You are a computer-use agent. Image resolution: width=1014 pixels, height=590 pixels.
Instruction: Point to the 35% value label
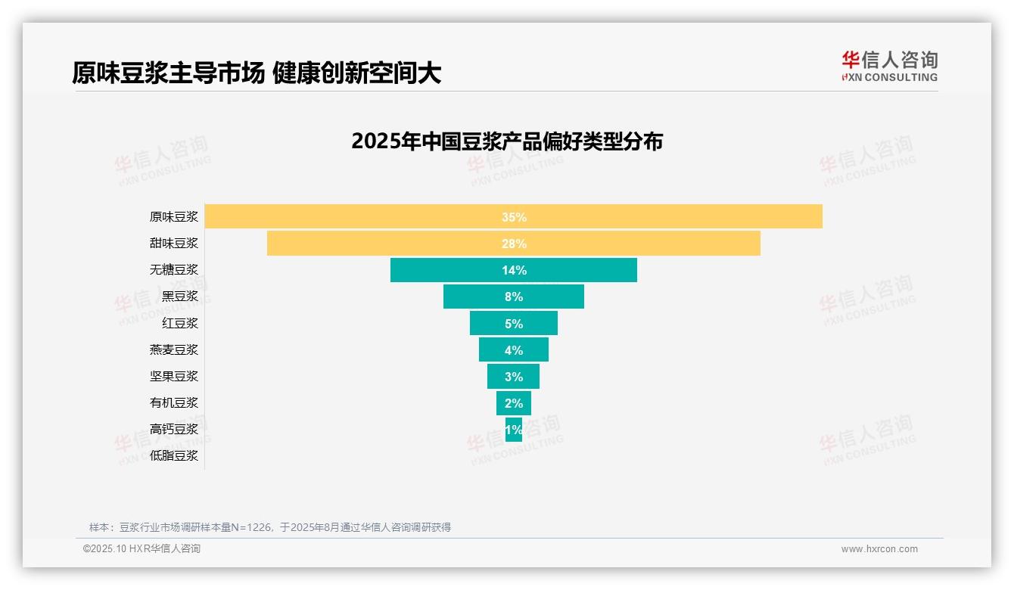[514, 217]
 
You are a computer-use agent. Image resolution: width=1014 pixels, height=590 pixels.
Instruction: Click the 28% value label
[514, 244]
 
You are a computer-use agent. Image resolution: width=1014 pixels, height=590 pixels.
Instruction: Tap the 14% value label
[514, 270]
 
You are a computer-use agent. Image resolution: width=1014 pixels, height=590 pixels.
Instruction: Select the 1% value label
[514, 430]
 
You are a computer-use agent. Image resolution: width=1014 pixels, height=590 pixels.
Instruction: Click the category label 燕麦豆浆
[174, 349]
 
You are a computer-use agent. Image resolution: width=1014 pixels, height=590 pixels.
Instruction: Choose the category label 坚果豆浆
[174, 376]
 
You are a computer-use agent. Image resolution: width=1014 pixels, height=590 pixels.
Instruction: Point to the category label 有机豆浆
[174, 402]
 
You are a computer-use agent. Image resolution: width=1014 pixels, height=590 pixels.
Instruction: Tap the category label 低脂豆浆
[174, 455]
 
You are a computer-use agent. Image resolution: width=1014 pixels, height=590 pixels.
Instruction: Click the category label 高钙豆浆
[174, 429]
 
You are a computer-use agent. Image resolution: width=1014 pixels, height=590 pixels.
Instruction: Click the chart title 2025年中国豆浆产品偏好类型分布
[507, 141]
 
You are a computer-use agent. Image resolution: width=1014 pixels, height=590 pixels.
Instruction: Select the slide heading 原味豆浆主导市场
[168, 73]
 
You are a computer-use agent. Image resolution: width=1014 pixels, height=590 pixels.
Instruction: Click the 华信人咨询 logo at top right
[890, 67]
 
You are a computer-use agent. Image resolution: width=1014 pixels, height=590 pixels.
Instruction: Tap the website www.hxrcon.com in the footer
[879, 549]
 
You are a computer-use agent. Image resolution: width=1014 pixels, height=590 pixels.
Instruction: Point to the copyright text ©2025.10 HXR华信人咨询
[142, 549]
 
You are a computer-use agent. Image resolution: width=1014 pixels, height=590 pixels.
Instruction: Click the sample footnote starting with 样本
[270, 527]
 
